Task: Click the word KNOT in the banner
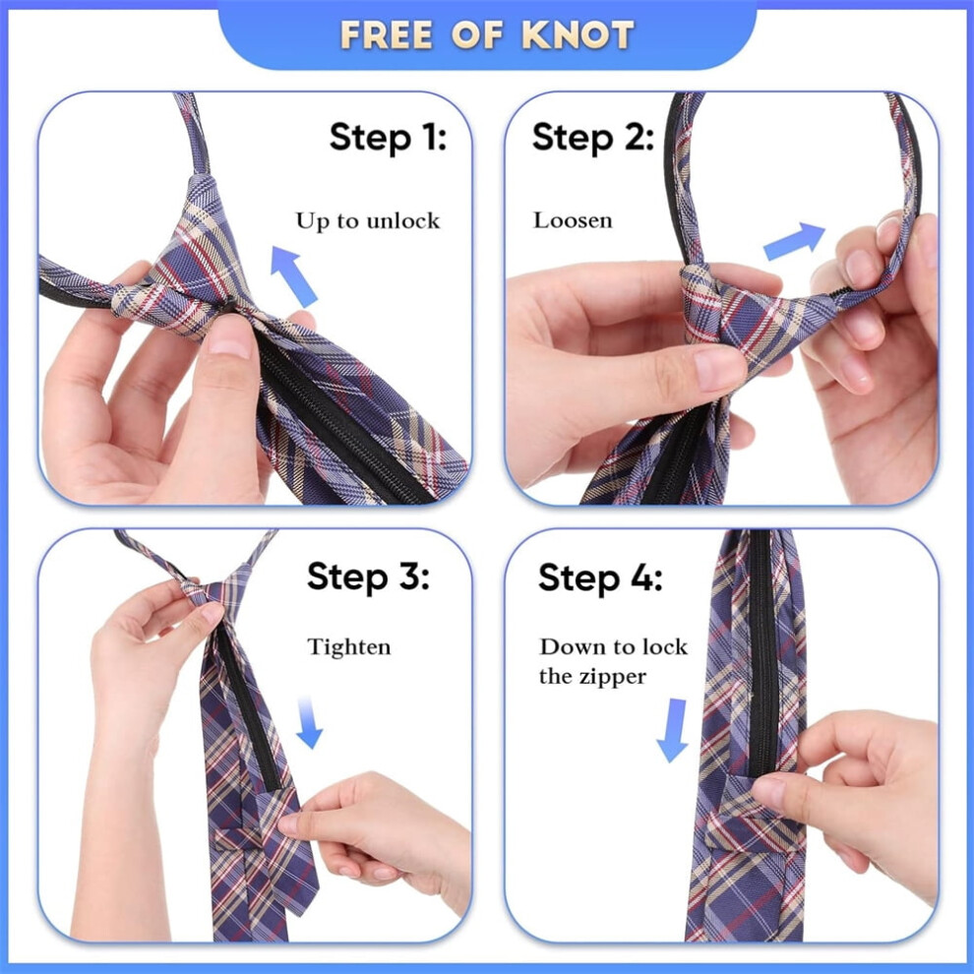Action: coord(578,34)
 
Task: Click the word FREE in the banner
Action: coord(386,34)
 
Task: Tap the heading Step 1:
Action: coord(388,138)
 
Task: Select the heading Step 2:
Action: coord(593,138)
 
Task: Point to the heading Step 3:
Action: coord(368,578)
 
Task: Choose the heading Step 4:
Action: coord(600,578)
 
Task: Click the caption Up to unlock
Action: coord(368,221)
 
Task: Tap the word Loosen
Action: coord(573,220)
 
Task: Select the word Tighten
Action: coord(349,647)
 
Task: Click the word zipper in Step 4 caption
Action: coord(613,677)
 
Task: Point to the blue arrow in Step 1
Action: coord(293,275)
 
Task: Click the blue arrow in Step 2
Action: coord(794,240)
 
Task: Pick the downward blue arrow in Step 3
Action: coord(309,722)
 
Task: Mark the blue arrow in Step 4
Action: coord(673,730)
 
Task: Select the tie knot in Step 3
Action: coord(198,590)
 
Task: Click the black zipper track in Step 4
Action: coord(762,652)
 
